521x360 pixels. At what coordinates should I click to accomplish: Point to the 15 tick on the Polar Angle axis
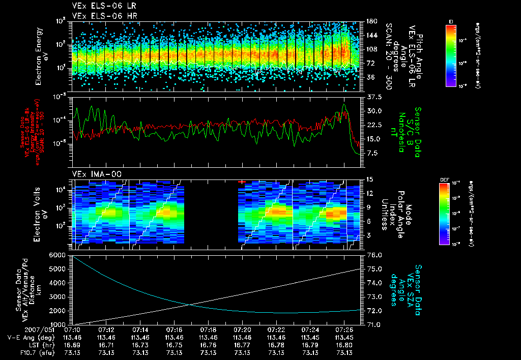pyautogui.click(x=370, y=179)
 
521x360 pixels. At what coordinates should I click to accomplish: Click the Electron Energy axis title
pyautogui.click(x=42, y=56)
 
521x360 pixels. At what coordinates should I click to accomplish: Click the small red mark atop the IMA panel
pyautogui.click(x=242, y=181)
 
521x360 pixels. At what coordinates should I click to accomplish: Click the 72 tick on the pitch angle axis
pyautogui.click(x=371, y=63)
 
